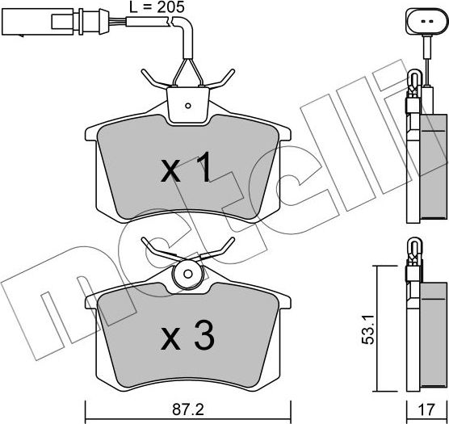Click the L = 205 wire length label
(157, 7)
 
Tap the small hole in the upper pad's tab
(187, 103)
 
